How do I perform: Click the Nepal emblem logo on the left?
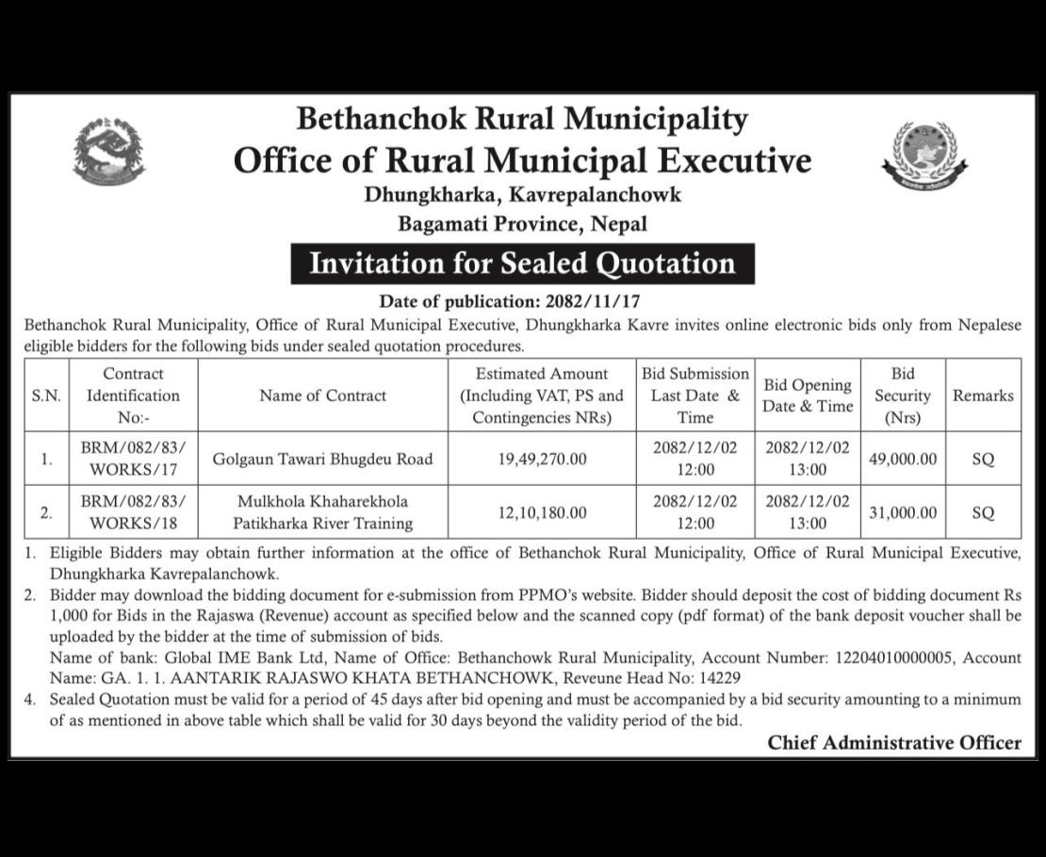coord(108,151)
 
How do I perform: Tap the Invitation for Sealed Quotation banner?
coord(522,263)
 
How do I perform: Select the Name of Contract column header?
coord(323,396)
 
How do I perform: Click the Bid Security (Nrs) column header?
coord(902,396)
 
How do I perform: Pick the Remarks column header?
coord(983,396)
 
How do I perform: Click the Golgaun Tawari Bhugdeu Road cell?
coord(323,460)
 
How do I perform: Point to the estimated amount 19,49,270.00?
coord(542,460)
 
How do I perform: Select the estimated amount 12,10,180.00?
coord(542,512)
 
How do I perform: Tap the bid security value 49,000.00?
coord(902,460)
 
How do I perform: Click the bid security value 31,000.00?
coord(902,512)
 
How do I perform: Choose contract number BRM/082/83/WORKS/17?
coord(133,460)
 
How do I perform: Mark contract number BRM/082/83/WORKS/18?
coord(133,512)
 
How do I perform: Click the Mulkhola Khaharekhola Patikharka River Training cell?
coord(323,512)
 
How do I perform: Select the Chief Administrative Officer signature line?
coord(893,743)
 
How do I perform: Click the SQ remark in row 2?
coord(983,512)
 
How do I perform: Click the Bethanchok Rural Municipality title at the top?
coord(522,120)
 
